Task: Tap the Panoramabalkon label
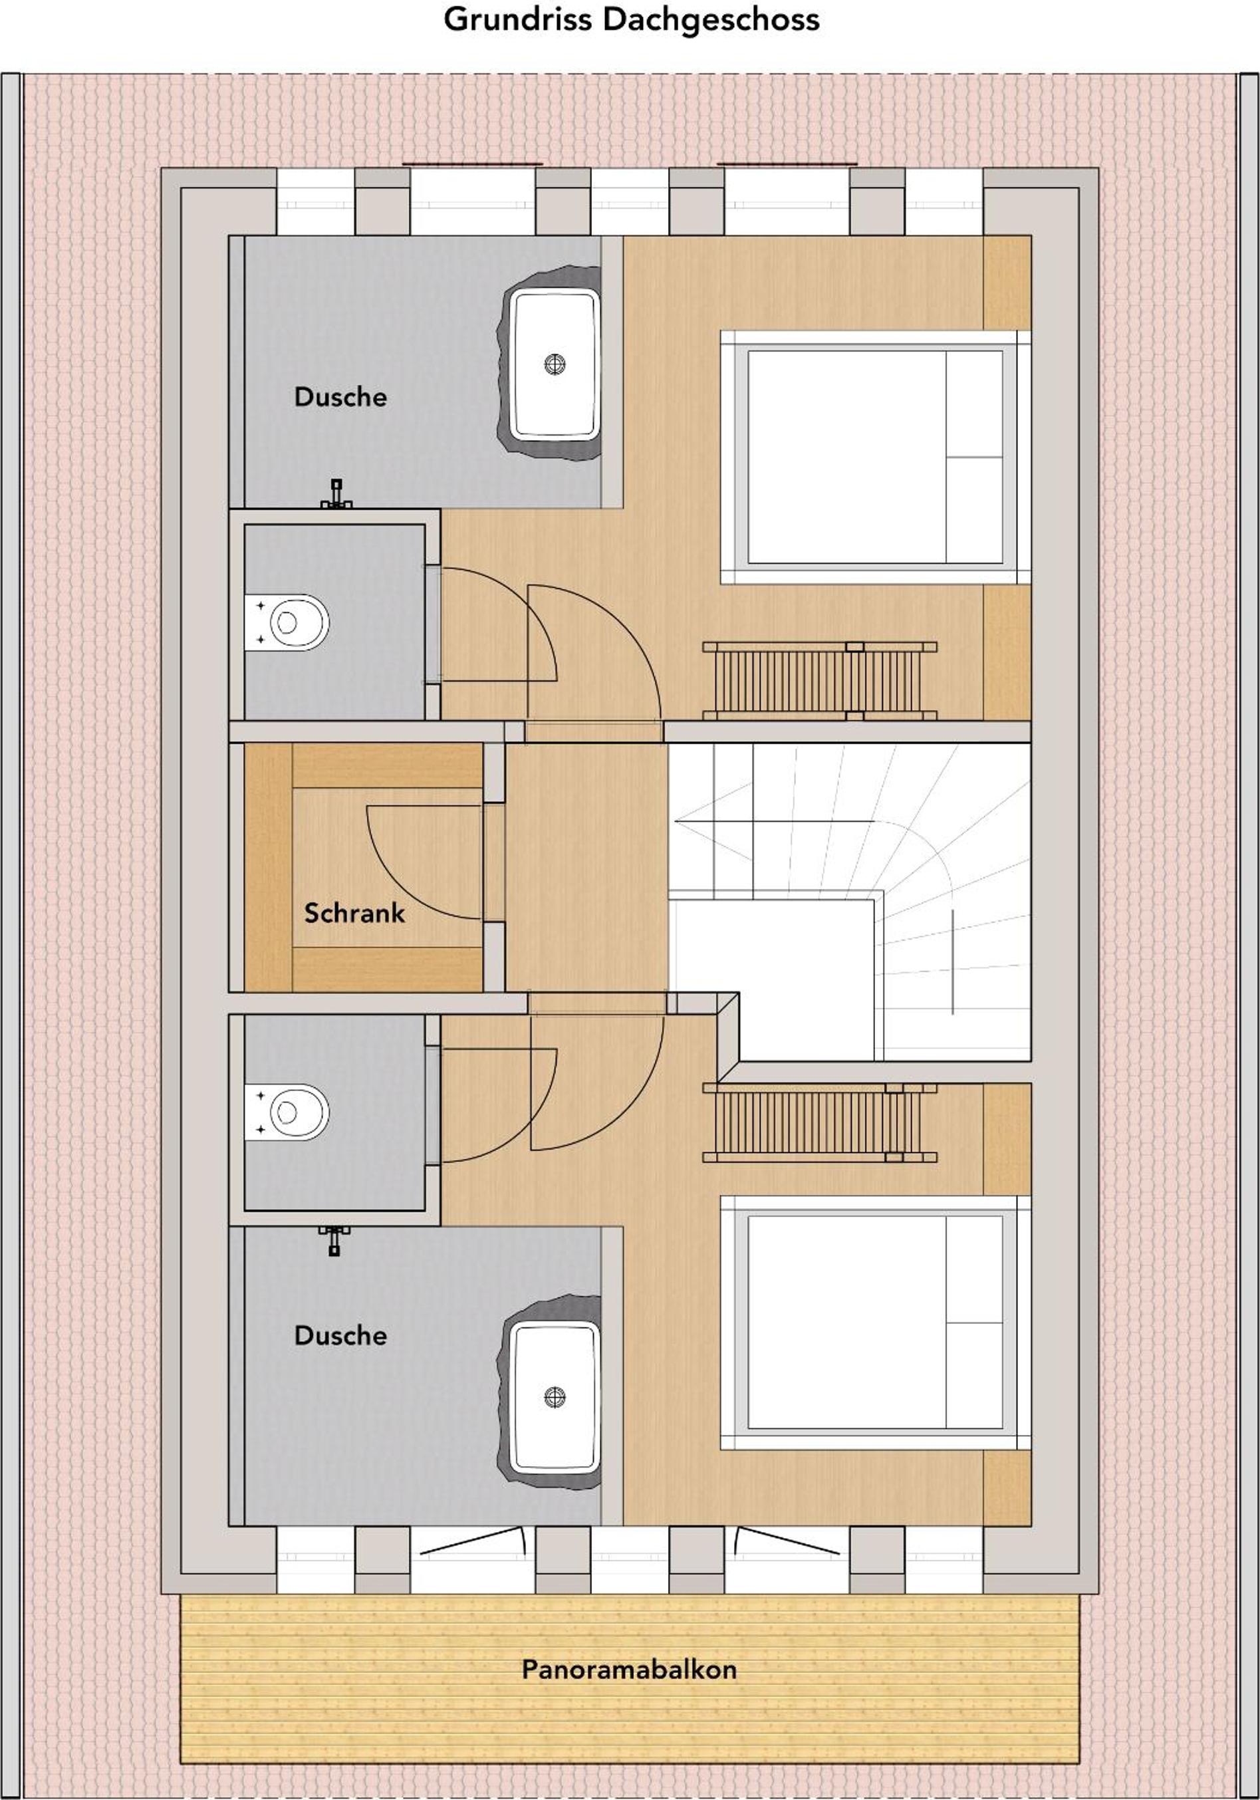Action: pyautogui.click(x=630, y=1669)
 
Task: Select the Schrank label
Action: pyautogui.click(x=354, y=912)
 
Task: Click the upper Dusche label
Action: pyautogui.click(x=340, y=397)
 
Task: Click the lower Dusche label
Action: pyautogui.click(x=340, y=1335)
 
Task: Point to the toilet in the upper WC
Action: pyautogui.click(x=287, y=622)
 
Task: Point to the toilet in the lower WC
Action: pyautogui.click(x=287, y=1112)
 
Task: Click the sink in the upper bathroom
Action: pyautogui.click(x=555, y=363)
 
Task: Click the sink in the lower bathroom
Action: pyautogui.click(x=555, y=1396)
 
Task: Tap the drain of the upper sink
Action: pyautogui.click(x=555, y=364)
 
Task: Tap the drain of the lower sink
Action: pyautogui.click(x=555, y=1396)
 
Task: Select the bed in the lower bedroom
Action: pyautogui.click(x=875, y=1322)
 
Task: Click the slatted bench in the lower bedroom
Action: pyautogui.click(x=819, y=1122)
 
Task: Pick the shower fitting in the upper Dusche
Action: pyautogui.click(x=336, y=494)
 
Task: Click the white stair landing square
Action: pyautogui.click(x=773, y=980)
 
